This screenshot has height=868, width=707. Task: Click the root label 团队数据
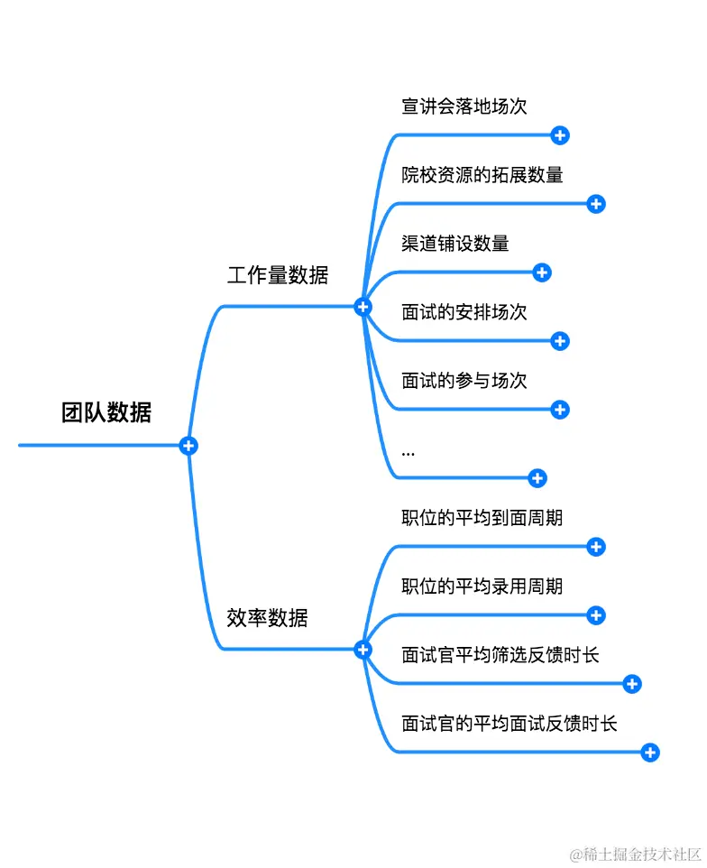click(106, 413)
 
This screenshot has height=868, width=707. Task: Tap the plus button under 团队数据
click(188, 446)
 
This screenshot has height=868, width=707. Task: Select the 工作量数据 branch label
click(278, 276)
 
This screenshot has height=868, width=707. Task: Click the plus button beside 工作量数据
click(363, 308)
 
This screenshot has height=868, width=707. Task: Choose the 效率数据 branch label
click(267, 618)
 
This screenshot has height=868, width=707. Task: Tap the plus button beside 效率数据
click(363, 649)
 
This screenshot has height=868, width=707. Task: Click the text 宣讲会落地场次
click(464, 106)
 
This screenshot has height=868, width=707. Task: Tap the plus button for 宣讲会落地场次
click(560, 135)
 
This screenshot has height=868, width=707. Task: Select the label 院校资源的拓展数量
click(482, 175)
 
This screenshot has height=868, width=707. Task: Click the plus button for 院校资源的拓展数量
click(596, 204)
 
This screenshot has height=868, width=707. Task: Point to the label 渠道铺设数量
click(455, 244)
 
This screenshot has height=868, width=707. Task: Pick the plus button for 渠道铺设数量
click(542, 272)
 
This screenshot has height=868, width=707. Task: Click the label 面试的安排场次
click(464, 312)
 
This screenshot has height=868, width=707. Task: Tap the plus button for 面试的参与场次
click(560, 410)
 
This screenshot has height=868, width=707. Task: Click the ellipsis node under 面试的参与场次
click(409, 451)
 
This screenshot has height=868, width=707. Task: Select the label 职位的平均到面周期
click(482, 518)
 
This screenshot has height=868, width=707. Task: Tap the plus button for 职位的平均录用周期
click(596, 615)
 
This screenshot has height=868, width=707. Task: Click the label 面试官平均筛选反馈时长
click(500, 655)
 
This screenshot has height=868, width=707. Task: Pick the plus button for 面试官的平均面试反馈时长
click(650, 753)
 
